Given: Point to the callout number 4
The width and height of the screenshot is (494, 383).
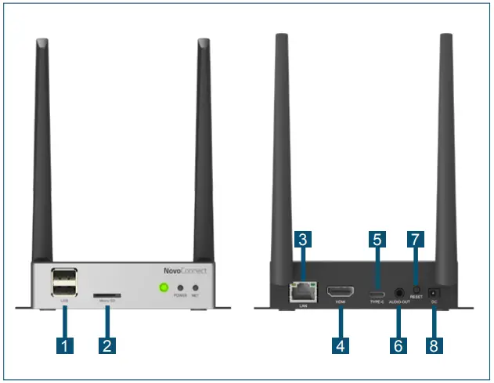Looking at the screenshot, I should (341, 345).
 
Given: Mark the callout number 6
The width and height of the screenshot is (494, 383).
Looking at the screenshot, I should (398, 345).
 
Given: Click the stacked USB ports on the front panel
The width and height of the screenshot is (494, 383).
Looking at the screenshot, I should (64, 281).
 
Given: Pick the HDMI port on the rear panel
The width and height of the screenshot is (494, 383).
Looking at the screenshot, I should (341, 290).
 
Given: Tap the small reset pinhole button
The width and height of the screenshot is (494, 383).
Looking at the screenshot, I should (416, 289).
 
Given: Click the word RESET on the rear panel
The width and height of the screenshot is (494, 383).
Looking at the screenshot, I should (416, 298).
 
